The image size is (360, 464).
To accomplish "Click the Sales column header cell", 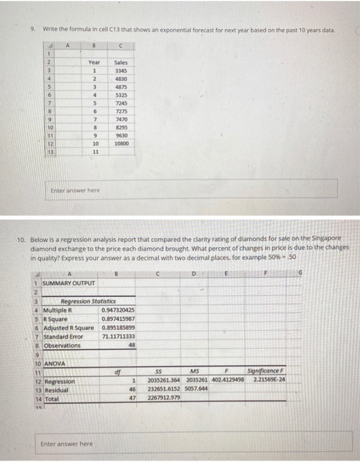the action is [x=120, y=61].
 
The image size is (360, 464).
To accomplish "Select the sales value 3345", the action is [x=120, y=70].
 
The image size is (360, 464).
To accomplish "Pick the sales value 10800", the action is [x=120, y=143].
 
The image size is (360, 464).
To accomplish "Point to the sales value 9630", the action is [x=120, y=135].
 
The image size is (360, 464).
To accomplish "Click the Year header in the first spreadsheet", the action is [x=94, y=61].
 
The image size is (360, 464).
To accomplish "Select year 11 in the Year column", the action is [x=94, y=152].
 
